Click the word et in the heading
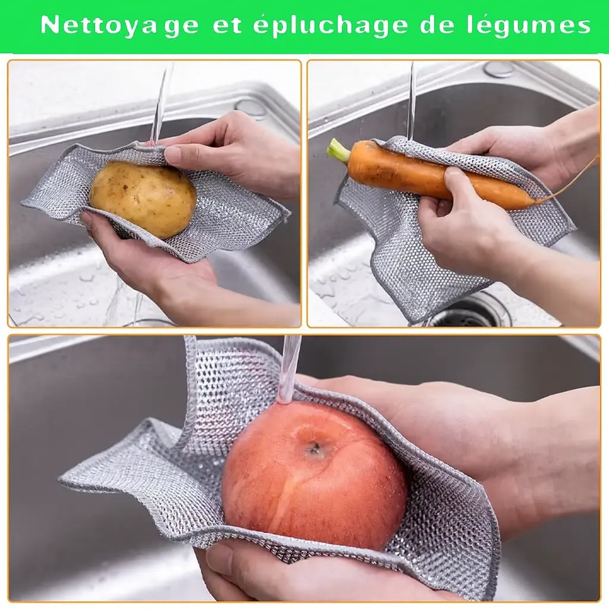(227, 26)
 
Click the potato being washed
(143, 200)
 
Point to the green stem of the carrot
(338, 150)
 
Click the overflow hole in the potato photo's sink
(250, 107)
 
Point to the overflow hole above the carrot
(499, 70)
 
